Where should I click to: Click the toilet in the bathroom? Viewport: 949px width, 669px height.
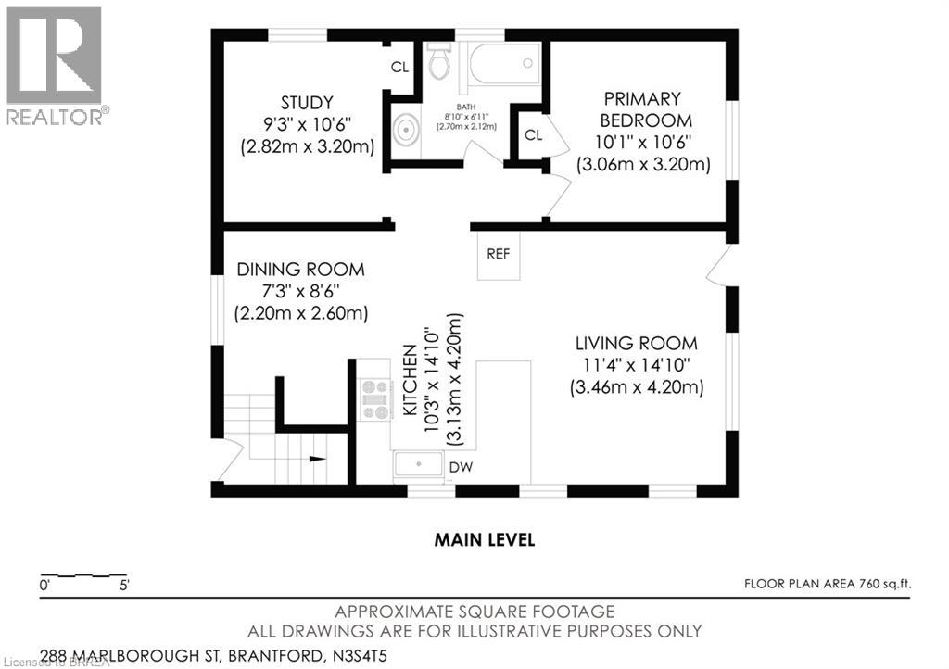pos(439,60)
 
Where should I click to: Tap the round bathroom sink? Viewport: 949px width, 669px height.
pos(404,130)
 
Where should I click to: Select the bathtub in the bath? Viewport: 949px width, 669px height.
pos(504,63)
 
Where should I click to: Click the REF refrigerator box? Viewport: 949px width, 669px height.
pos(498,255)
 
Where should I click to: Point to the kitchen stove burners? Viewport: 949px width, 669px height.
pos(374,399)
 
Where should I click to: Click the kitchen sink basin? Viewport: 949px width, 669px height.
pos(418,465)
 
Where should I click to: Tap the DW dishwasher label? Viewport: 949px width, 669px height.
pos(461,467)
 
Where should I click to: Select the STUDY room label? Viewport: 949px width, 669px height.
pos(307,102)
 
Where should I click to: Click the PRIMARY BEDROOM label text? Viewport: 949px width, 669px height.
pos(643,109)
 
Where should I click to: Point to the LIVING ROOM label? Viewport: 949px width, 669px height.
pos(636,344)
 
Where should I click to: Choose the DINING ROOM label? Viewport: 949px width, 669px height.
pos(301,270)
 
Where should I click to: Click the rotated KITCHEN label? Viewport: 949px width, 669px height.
pos(410,380)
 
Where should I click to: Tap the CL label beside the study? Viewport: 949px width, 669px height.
pos(399,67)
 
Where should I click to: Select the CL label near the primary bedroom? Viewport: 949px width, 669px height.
pos(533,135)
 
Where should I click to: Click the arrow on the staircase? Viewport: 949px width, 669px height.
pos(317,459)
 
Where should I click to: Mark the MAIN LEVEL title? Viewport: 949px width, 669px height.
pos(484,539)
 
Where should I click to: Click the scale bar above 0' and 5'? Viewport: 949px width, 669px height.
pos(83,574)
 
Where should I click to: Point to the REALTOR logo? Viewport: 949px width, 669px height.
pos(56,66)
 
